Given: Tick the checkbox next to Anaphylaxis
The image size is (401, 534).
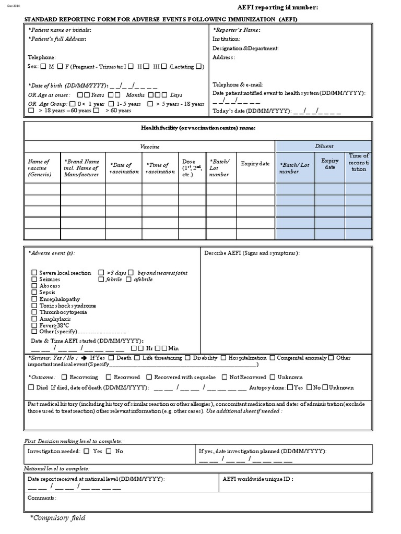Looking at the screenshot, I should [x=34, y=319].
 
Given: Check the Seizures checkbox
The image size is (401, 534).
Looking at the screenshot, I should [x=34, y=280].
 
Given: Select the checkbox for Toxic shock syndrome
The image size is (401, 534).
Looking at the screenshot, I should [x=34, y=306].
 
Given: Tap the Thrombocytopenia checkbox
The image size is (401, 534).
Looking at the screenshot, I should [x=34, y=312].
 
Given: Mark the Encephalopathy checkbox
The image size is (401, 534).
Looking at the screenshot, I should [x=34, y=299].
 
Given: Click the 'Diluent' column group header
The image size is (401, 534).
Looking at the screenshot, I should [x=324, y=147].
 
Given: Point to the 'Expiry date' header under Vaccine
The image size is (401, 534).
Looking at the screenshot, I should [x=255, y=164].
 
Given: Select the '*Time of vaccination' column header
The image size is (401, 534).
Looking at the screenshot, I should [x=160, y=168].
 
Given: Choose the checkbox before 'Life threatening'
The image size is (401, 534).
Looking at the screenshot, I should [x=137, y=358].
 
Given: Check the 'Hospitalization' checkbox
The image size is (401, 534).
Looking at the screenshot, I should [x=223, y=358].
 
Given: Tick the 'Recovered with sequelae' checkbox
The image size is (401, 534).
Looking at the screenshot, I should [x=149, y=377].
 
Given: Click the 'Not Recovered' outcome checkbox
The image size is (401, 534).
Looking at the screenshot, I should [x=225, y=377].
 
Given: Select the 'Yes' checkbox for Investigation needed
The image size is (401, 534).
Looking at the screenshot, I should [x=87, y=451].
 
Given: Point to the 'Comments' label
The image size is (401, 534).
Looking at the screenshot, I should [x=41, y=498].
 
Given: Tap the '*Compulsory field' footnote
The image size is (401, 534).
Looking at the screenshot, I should [x=57, y=518].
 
